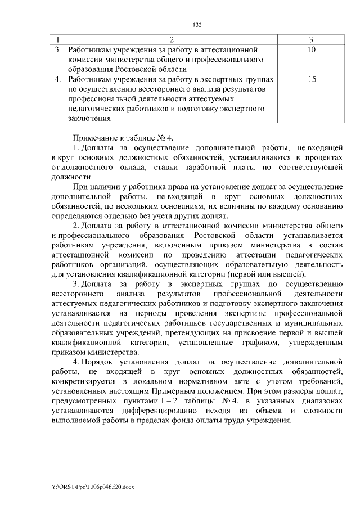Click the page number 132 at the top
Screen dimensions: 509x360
tap(197, 25)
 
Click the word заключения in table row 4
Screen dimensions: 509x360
tap(89, 119)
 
